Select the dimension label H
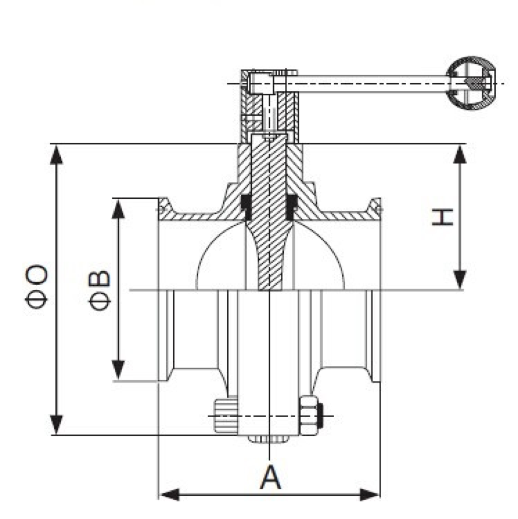coord(442,217)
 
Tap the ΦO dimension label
coord(36,286)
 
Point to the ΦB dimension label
coord(99,290)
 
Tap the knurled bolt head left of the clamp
coord(226,416)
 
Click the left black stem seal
coord(246,208)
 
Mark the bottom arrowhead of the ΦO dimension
coord(56,425)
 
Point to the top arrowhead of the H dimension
coord(460,154)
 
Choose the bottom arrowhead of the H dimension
coord(460,280)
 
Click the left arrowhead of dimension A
coord(170,495)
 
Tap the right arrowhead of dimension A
coord(370,495)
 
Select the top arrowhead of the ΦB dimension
coord(118,209)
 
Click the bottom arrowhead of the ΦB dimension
coord(118,370)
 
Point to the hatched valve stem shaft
coord(269,212)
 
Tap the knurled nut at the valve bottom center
coord(269,439)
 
